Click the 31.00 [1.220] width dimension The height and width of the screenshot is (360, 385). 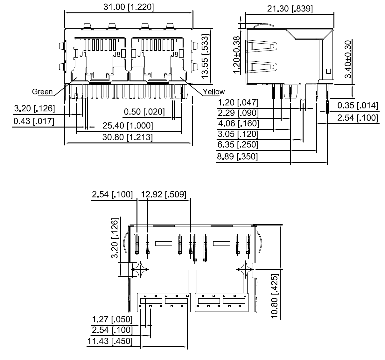click(128, 7)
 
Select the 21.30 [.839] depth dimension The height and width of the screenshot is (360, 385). click(290, 9)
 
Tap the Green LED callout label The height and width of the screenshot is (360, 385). click(42, 92)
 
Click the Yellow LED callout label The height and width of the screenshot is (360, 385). click(214, 92)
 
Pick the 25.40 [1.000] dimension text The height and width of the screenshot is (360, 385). click(127, 126)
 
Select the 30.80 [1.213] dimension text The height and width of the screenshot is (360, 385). click(127, 137)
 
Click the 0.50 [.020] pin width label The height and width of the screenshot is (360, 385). click(144, 112)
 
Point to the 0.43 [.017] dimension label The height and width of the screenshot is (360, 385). click(34, 121)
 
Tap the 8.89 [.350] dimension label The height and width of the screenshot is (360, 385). click(237, 156)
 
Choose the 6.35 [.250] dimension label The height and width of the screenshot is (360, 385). click(237, 145)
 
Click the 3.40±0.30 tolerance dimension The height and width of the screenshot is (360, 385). click(348, 59)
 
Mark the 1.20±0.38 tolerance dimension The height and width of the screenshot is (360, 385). click(236, 55)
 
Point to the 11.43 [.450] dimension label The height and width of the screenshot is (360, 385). click(110, 341)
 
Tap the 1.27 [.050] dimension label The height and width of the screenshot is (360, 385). click(112, 319)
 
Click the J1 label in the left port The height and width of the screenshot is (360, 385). click(83, 54)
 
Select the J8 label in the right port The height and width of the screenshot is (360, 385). click(174, 54)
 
